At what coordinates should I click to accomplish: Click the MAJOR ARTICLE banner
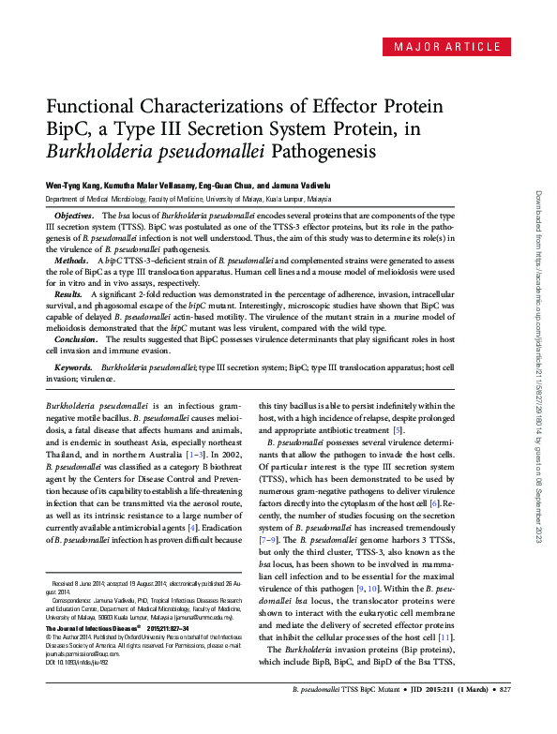pyautogui.click(x=446, y=47)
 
